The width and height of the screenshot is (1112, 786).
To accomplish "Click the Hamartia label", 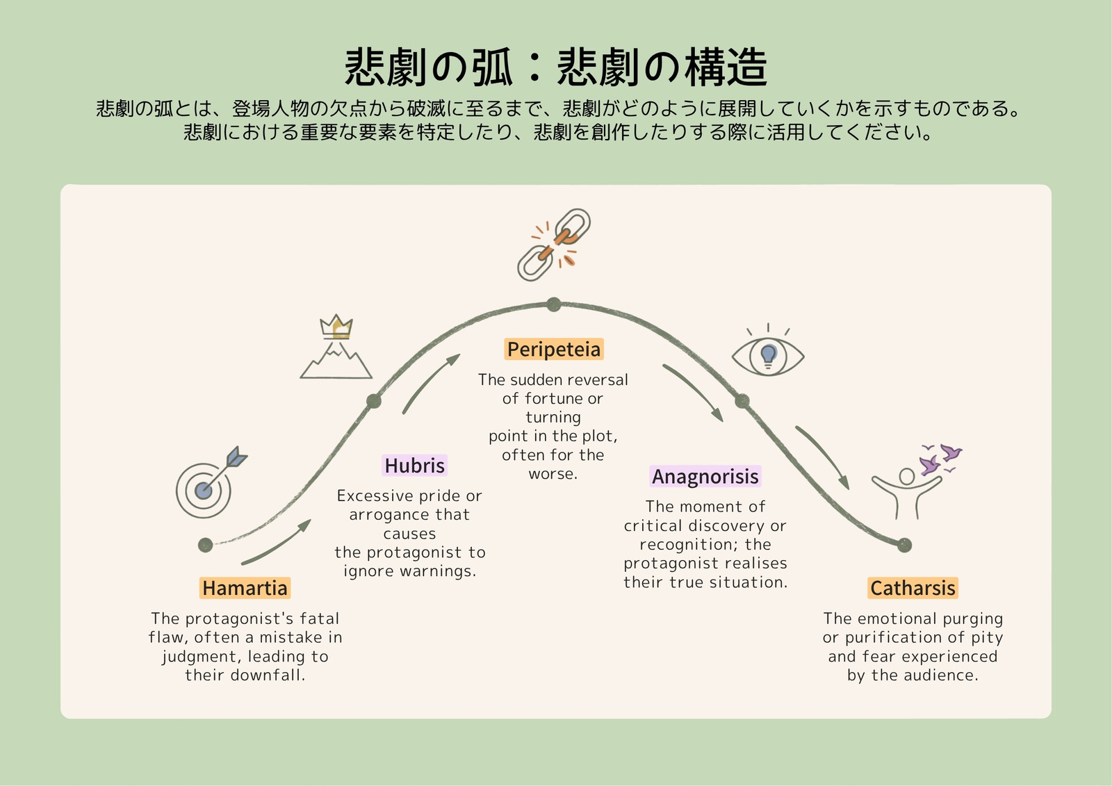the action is tap(245, 588).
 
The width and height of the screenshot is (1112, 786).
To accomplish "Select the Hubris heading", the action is tap(414, 465).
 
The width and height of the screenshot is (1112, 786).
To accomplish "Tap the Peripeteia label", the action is tap(553, 349).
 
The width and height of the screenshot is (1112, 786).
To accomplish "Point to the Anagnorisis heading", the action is tap(705, 476).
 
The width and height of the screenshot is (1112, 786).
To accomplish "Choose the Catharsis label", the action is tap(913, 588).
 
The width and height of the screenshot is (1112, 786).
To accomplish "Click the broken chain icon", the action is tap(554, 245).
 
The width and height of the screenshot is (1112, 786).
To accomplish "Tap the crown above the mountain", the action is tap(336, 327).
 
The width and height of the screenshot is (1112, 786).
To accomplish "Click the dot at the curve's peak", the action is tap(553, 304).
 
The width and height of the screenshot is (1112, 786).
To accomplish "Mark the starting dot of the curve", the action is tap(206, 545).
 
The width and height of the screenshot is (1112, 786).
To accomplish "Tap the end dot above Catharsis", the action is tap(904, 545).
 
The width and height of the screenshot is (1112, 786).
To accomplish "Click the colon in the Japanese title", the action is tap(534, 69).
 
